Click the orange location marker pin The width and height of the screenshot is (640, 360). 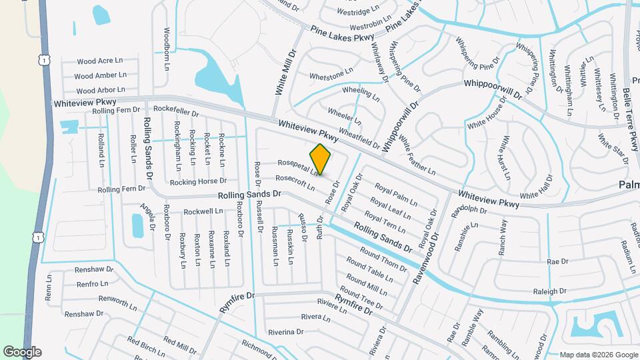321,159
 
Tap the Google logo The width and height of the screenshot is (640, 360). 22,352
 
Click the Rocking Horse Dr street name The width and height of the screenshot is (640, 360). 198,181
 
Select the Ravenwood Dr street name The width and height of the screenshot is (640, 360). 427,259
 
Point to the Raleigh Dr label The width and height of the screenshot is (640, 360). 549,291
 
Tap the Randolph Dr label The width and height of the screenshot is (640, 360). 470,211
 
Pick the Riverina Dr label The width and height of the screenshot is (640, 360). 285,331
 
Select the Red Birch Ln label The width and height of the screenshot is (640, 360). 146,347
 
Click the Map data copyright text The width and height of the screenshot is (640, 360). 599,355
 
